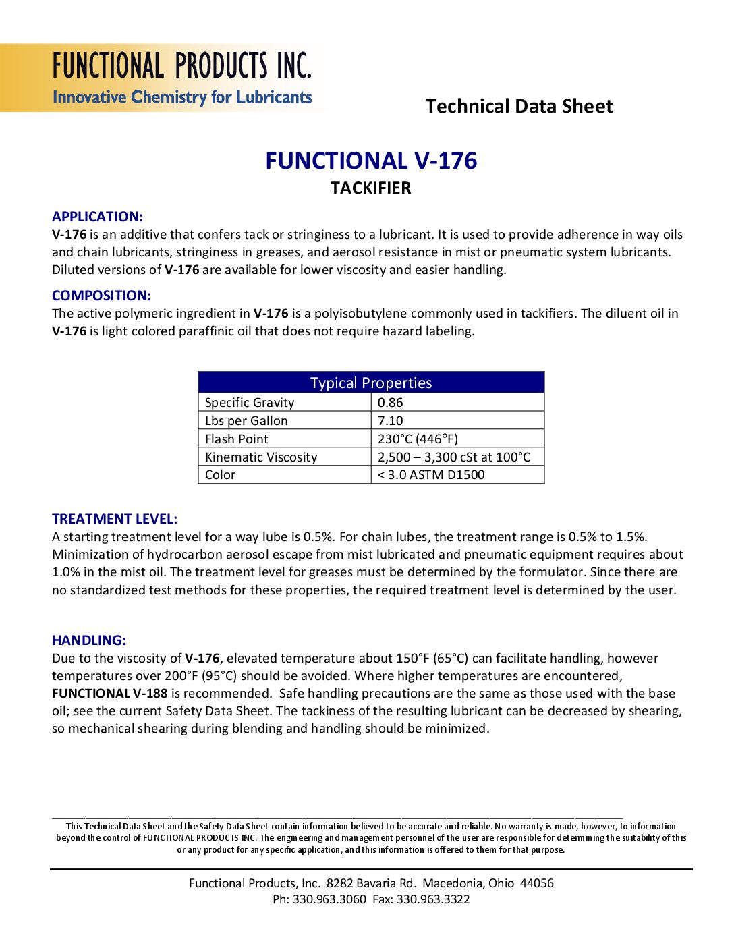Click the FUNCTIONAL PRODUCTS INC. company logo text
coord(182,66)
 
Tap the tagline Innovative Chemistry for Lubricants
coord(182,97)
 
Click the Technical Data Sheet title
coord(519,106)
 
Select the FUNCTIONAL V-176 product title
coord(370,161)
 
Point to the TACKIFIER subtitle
coord(370,188)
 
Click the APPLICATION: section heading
coord(97,217)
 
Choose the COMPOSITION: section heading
coord(101,296)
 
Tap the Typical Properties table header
coord(370,383)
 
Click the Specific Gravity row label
coord(250,402)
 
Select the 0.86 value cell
coord(390,402)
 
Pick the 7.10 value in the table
coord(390,420)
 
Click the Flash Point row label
coord(236,439)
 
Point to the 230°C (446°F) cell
coord(418,439)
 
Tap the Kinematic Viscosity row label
coord(260,457)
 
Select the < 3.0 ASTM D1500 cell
coord(431,474)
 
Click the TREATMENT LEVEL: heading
coord(115,519)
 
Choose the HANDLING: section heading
coord(89,640)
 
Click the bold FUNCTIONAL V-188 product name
coord(109,693)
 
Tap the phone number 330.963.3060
coord(329,899)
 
